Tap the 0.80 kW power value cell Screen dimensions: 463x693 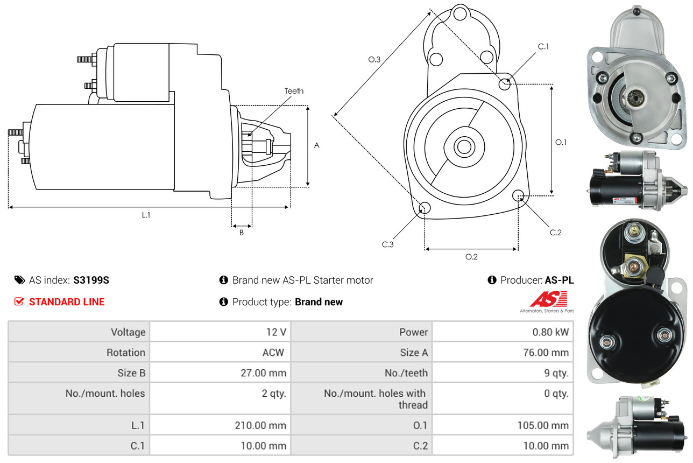click(x=550, y=332)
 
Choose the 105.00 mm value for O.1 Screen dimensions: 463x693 click(x=543, y=425)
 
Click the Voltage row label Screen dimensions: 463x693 click(x=128, y=332)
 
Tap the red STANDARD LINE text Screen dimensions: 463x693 click(x=67, y=302)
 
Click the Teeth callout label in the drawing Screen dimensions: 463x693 click(x=294, y=91)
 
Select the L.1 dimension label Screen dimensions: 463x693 click(x=146, y=215)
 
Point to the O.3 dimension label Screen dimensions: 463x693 click(x=374, y=59)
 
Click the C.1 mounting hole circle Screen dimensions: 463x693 click(x=505, y=84)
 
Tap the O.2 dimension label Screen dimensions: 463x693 click(x=471, y=256)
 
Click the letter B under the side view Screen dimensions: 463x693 click(x=242, y=233)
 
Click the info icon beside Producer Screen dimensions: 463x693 click(x=492, y=280)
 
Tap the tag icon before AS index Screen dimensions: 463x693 click(x=19, y=280)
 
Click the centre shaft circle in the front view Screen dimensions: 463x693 click(x=462, y=146)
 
